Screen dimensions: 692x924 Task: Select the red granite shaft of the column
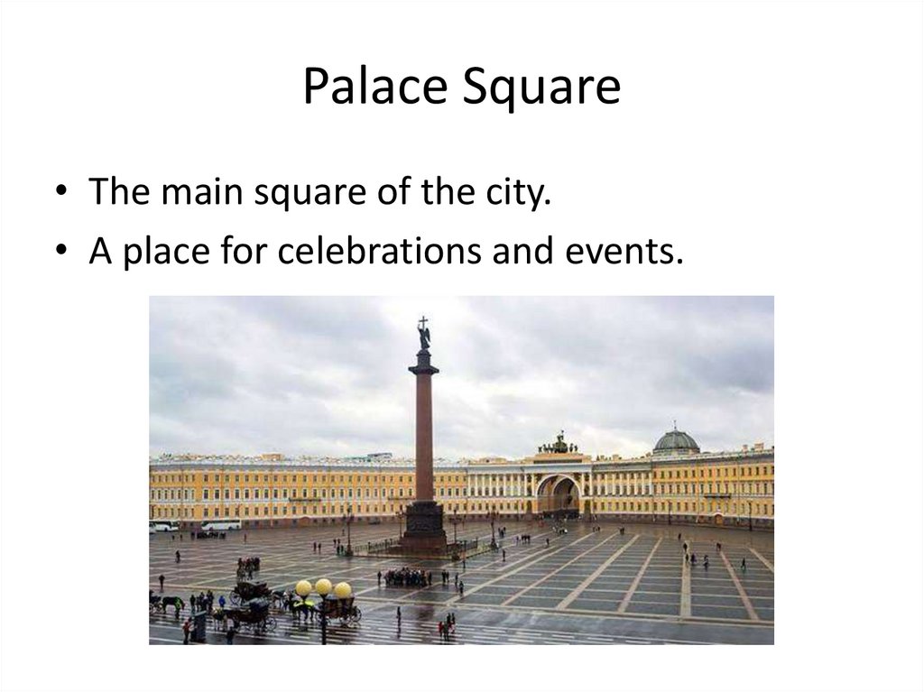pyautogui.click(x=423, y=433)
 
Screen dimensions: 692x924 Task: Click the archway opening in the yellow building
pyautogui.click(x=559, y=496)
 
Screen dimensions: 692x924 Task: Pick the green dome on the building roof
pyautogui.click(x=676, y=440)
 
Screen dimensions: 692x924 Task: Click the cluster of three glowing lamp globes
pyautogui.click(x=323, y=588)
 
